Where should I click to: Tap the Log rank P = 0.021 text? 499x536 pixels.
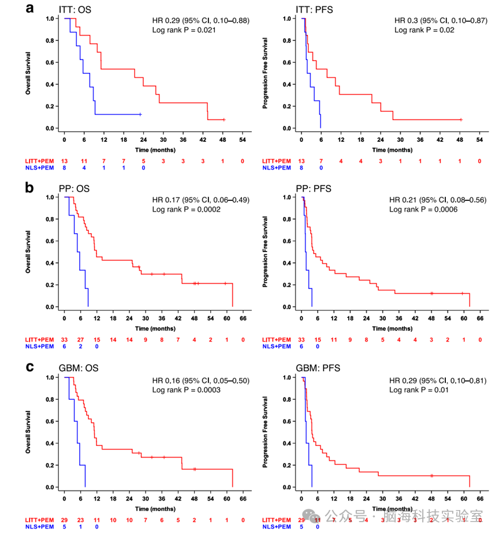[184, 30]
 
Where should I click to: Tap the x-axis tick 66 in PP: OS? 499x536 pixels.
[243, 318]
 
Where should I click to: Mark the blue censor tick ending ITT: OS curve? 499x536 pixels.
[140, 115]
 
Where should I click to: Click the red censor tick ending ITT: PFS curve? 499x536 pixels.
[460, 119]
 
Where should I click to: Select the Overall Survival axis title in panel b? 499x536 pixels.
[27, 252]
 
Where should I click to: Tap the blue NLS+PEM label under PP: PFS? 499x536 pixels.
[275, 346]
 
